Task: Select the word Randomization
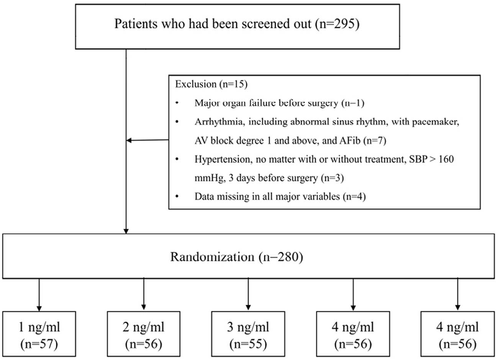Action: [x=212, y=256]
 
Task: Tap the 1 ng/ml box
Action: [x=39, y=333]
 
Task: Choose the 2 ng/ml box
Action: [x=144, y=333]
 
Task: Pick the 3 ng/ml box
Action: [x=248, y=333]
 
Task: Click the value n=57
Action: [x=39, y=344]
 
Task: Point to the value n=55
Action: [x=248, y=344]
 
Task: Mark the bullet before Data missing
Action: [x=177, y=197]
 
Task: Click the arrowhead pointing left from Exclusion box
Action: [x=129, y=141]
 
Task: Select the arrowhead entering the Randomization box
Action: [x=126, y=231]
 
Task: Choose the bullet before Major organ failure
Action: [x=177, y=103]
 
